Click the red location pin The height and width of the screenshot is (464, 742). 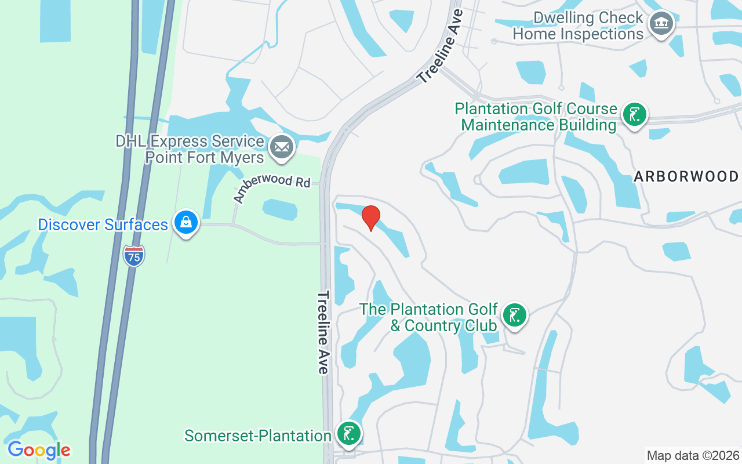pos(371,217)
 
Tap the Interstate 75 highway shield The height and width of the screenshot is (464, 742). pos(134,256)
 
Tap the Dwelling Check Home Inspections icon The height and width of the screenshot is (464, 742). pos(660,24)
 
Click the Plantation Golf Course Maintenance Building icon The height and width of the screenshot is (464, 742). pos(634,115)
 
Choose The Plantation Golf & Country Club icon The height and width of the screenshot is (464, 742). pos(514,316)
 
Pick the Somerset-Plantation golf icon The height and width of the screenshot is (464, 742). pos(349,434)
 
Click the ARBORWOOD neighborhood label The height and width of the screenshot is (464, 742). pos(686,176)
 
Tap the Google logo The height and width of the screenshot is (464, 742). pos(39,450)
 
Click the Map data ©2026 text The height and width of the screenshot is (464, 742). pos(693,455)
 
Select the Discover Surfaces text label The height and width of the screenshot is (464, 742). pos(103,224)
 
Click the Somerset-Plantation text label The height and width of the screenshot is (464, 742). pos(257,436)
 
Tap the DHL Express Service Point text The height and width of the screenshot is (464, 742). pos(190,149)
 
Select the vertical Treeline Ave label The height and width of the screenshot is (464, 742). pos(323,332)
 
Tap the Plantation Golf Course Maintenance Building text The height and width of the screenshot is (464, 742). pos(536,117)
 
